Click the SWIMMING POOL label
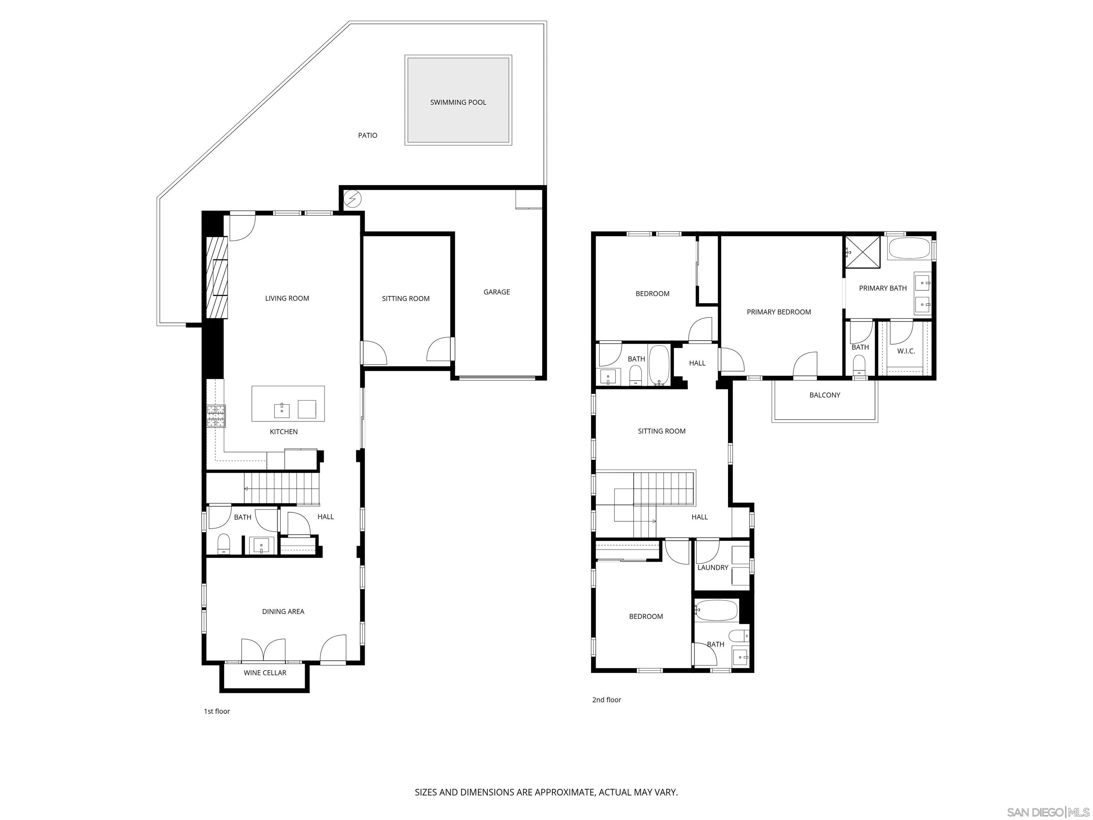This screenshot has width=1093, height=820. pyautogui.click(x=458, y=102)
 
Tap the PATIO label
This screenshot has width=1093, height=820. pyautogui.click(x=367, y=136)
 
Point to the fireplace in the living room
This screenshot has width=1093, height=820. pyautogui.click(x=217, y=277)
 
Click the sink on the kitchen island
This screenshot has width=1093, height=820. pyautogui.click(x=282, y=410)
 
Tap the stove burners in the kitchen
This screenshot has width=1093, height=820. pyautogui.click(x=216, y=416)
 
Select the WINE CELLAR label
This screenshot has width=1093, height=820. pyautogui.click(x=265, y=673)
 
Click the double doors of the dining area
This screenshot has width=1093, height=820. pyautogui.click(x=263, y=650)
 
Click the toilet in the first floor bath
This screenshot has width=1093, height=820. pyautogui.click(x=223, y=544)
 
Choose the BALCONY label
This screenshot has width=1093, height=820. pyautogui.click(x=824, y=395)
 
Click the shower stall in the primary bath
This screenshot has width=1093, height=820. pyautogui.click(x=862, y=252)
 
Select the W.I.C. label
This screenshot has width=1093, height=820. pyautogui.click(x=906, y=351)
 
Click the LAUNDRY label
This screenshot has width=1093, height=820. pyautogui.click(x=713, y=567)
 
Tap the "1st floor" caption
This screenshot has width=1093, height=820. pyautogui.click(x=217, y=711)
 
